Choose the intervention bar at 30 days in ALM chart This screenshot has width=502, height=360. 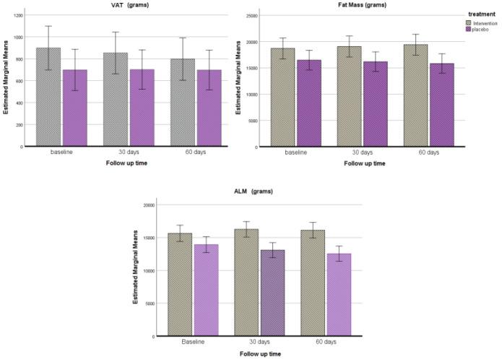pyautogui.click(x=247, y=283)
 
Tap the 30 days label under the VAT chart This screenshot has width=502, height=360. pyautogui.click(x=129, y=152)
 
